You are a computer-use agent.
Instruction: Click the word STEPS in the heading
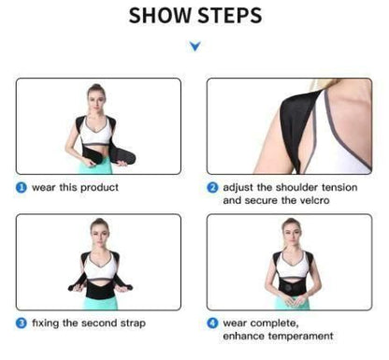[x=229, y=16]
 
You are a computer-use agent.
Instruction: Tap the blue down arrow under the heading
[x=194, y=45]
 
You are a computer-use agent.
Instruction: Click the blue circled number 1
[x=21, y=188]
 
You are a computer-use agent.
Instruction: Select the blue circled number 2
[x=214, y=188]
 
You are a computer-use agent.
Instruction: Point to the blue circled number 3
[x=21, y=324]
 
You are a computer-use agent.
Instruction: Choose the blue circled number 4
[x=214, y=324]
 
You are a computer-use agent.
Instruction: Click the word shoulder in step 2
[x=282, y=188]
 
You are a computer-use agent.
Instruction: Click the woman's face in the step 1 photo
[x=93, y=96]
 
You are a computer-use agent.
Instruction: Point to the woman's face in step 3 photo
[x=96, y=229]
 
